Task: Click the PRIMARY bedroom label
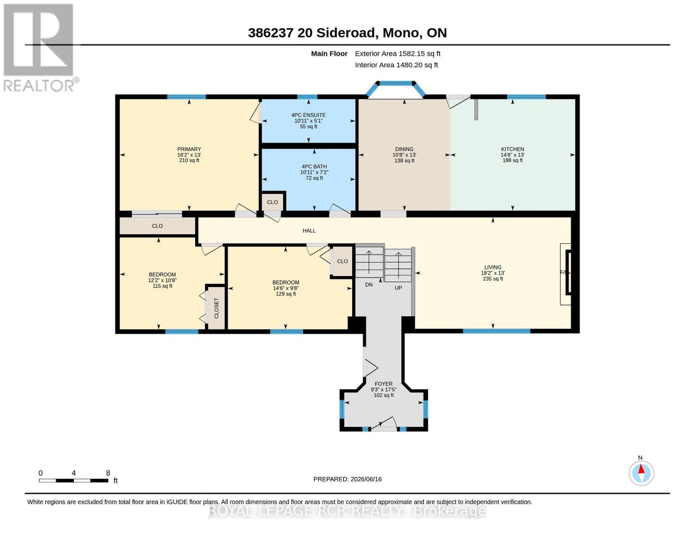tap(189, 149)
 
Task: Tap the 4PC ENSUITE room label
tap(308, 115)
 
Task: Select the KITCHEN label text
tap(512, 149)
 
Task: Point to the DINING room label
tap(404, 149)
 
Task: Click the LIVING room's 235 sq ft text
tap(493, 279)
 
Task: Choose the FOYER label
tap(384, 384)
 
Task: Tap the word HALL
tap(309, 230)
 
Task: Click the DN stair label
tap(369, 285)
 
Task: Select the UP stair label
tap(398, 288)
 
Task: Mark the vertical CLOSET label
tap(217, 308)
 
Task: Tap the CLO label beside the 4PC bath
tap(273, 202)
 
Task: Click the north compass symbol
tap(641, 473)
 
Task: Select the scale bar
tap(73, 480)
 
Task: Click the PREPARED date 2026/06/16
tap(366, 479)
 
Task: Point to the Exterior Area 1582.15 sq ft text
tap(397, 54)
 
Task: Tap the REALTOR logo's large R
tap(38, 40)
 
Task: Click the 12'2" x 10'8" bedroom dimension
tap(162, 280)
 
